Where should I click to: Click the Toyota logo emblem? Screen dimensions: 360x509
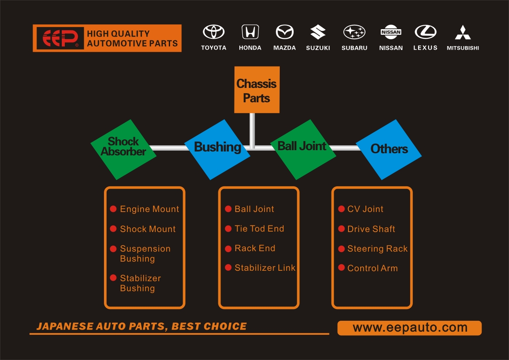214,32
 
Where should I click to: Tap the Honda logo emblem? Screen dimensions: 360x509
250,32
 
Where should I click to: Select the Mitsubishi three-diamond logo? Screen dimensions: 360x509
462,32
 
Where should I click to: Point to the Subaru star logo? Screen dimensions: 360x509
354,32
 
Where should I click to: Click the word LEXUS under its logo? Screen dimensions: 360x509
425,48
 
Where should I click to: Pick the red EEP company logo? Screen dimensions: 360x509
60,38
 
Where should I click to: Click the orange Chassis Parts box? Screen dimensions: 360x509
257,90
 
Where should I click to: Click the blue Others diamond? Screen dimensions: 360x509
389,149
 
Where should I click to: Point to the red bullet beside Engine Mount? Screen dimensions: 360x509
113,209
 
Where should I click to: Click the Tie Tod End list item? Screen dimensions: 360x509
259,229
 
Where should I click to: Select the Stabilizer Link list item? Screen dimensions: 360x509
265,268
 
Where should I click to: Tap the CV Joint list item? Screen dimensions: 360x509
365,209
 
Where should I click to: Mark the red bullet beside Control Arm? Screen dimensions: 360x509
342,268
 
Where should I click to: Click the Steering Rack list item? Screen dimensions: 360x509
377,249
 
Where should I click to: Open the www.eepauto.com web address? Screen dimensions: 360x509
409,328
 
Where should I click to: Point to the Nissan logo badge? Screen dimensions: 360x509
391,32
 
